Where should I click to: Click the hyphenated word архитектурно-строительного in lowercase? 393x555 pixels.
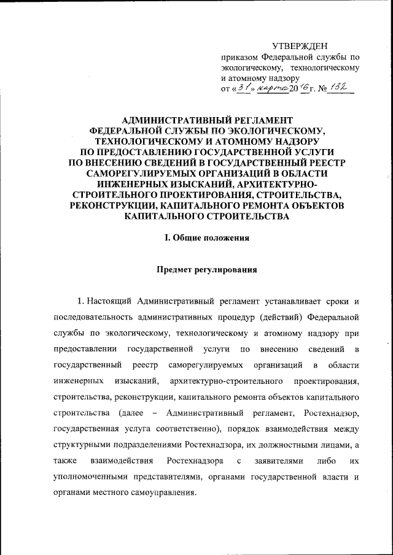[214, 382]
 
